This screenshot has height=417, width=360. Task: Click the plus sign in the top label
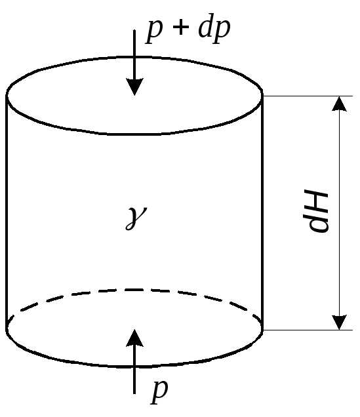point(181,27)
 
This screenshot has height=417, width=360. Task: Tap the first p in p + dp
point(154,32)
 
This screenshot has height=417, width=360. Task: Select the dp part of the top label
point(214,28)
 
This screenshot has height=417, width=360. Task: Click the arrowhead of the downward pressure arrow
point(135,87)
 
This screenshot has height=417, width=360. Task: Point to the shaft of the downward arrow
point(134,54)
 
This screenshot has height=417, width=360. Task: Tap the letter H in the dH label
point(317,202)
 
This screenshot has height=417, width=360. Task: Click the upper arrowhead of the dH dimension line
point(339,104)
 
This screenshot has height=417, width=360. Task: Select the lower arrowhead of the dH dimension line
point(339,323)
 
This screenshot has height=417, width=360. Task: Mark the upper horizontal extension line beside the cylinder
point(308,96)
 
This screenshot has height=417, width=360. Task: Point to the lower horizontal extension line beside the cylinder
point(308,330)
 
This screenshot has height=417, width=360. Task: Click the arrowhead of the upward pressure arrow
point(135,338)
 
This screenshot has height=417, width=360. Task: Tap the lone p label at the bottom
point(159,391)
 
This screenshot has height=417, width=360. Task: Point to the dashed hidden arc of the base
point(134,289)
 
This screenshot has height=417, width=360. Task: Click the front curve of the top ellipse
point(134,134)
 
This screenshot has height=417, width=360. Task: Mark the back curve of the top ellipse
point(134,57)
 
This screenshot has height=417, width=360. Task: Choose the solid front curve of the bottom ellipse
point(134,367)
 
